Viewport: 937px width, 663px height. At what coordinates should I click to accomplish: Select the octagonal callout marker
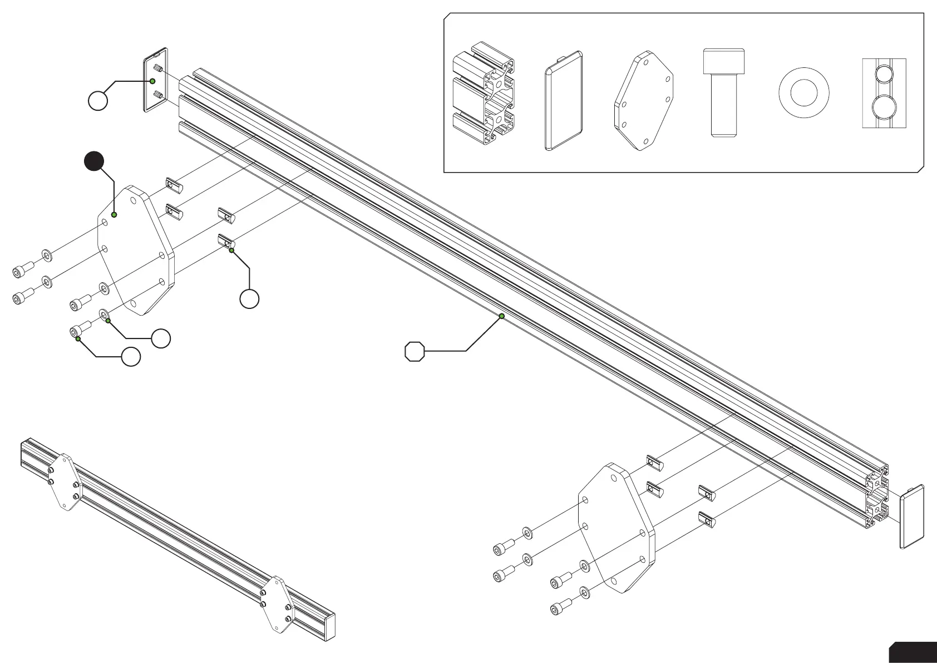click(415, 351)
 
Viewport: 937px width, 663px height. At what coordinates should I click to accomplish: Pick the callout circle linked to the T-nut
click(249, 299)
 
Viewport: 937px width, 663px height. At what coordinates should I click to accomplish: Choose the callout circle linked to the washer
click(161, 338)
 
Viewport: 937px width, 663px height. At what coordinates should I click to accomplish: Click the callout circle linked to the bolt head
click(131, 357)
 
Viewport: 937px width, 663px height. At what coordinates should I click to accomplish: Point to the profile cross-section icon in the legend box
click(482, 93)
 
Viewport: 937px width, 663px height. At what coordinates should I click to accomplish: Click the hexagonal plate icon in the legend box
click(644, 102)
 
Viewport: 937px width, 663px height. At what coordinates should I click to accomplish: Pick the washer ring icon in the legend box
click(803, 92)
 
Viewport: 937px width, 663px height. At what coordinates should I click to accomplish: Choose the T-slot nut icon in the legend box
click(884, 93)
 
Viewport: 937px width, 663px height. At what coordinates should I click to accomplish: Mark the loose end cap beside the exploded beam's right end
click(913, 516)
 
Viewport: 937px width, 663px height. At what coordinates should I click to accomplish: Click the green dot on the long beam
click(502, 316)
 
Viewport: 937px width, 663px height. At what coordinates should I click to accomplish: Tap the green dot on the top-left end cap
click(152, 81)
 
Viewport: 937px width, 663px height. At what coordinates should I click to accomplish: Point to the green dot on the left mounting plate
click(114, 215)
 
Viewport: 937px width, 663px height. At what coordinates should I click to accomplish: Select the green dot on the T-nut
click(231, 251)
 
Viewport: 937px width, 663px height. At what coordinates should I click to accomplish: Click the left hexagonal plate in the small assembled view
click(65, 482)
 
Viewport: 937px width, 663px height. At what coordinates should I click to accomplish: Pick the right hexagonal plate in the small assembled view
click(276, 605)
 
